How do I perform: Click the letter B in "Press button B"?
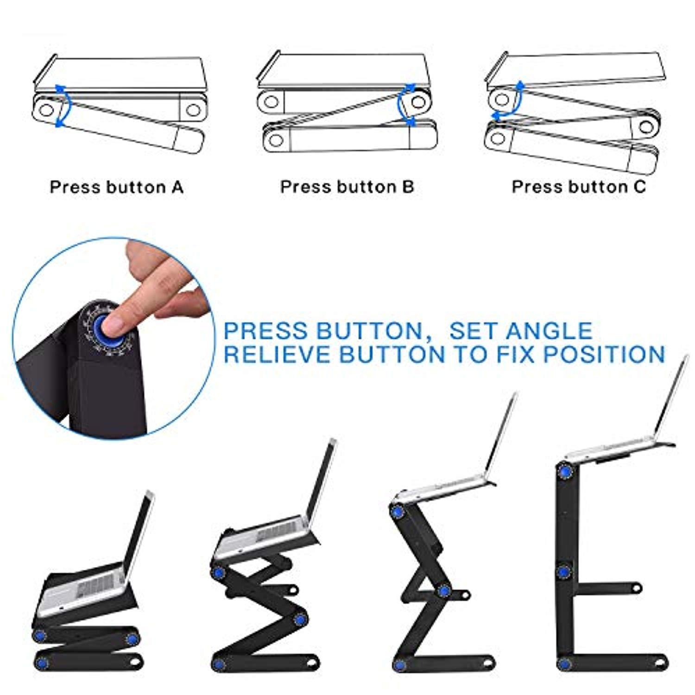tap(408, 187)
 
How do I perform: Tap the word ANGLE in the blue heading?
tap(549, 331)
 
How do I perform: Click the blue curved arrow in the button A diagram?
tap(64, 105)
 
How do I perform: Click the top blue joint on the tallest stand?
tap(564, 472)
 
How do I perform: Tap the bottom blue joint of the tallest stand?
tap(564, 663)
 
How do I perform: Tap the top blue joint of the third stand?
tap(397, 512)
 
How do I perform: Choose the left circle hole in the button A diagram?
tap(47, 110)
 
